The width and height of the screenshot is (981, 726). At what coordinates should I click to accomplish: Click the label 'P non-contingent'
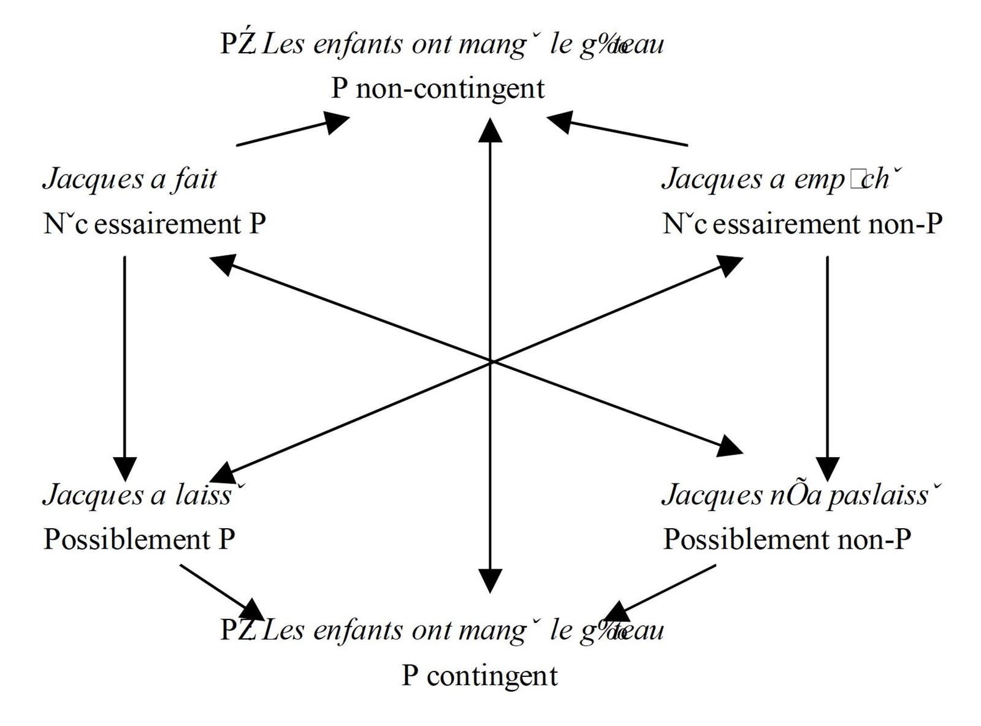[438, 88]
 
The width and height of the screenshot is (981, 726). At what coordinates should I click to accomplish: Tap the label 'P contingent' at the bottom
[479, 676]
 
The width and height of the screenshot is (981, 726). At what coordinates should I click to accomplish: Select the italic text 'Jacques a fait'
[130, 179]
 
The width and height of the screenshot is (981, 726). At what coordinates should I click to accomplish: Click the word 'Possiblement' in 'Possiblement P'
[127, 539]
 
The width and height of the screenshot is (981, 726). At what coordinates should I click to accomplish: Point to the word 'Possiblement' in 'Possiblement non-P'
[746, 539]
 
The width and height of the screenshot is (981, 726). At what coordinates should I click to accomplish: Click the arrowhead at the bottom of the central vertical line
[490, 581]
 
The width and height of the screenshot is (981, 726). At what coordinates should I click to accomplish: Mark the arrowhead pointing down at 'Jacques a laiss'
[125, 469]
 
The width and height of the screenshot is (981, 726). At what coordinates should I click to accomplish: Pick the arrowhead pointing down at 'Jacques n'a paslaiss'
[828, 469]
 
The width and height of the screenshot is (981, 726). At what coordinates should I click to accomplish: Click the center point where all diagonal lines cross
[490, 361]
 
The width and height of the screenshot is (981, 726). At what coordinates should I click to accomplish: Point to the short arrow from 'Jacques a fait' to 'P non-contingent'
[292, 131]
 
